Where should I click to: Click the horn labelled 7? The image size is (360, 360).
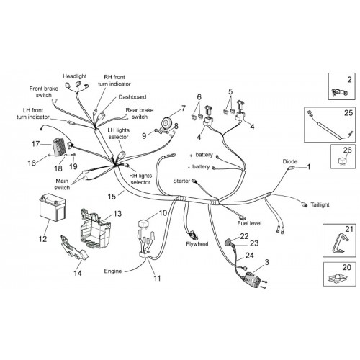coord(166,122)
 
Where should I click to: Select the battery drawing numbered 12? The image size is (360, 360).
coord(53,207)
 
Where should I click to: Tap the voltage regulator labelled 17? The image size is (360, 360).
coord(58,148)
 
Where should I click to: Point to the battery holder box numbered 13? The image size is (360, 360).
coord(95,225)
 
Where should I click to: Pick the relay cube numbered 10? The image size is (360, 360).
coord(144,225)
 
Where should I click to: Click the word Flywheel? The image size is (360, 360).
coord(197,244)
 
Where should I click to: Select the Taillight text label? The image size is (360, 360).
coord(320,205)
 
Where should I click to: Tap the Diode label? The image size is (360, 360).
coord(290,161)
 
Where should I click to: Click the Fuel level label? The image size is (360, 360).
coord(249,223)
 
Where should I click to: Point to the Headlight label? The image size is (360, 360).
coord(75,76)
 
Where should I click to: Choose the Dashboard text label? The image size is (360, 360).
coord(132,97)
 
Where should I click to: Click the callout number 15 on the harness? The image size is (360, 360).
coord(112,197)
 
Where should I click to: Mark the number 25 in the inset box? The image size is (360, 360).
coord(348,113)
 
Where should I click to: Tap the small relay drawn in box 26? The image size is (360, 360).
coord(343,160)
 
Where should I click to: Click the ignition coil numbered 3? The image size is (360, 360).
coord(252,279)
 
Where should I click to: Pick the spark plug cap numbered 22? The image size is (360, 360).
coord(228,242)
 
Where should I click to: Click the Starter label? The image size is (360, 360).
coord(181,181)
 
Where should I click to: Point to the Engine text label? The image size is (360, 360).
coord(113,271)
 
